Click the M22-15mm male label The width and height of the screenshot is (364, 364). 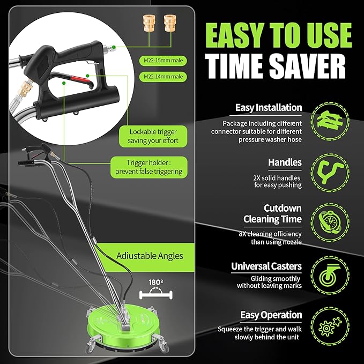click(x=163, y=61)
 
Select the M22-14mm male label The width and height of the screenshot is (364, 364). click(x=163, y=77)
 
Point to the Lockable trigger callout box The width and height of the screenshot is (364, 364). click(x=153, y=136)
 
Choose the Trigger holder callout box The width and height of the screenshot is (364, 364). click(x=149, y=167)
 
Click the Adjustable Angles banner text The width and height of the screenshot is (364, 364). click(x=150, y=256)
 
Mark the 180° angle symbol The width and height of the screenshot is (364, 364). click(x=156, y=290)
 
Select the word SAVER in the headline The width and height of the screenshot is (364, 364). click(x=307, y=66)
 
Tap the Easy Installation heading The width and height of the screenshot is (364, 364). click(x=269, y=108)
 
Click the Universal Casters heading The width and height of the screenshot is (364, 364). click(x=266, y=266)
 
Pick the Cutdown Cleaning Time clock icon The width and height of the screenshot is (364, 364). click(x=330, y=222)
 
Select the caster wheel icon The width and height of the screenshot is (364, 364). click(x=330, y=275)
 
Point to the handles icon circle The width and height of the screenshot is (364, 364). click(x=330, y=173)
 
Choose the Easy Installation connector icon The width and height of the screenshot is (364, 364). click(x=330, y=121)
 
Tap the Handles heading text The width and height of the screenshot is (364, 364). click(x=285, y=162)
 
